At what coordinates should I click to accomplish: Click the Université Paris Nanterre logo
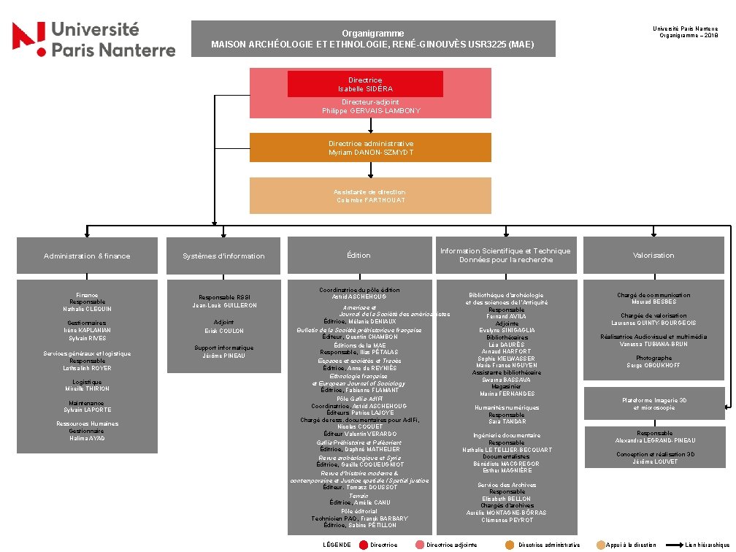point(93,39)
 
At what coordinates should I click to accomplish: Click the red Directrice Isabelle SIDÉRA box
point(365,84)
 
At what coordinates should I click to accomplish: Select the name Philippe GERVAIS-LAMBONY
point(371,111)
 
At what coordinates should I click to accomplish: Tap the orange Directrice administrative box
point(371,147)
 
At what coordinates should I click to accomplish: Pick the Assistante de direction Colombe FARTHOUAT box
point(371,196)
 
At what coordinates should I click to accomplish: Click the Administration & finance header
point(87,256)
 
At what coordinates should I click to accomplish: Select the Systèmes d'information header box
point(223,256)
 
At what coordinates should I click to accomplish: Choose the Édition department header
point(359,256)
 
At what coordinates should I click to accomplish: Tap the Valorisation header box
point(653,256)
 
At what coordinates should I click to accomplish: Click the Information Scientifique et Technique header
point(505,256)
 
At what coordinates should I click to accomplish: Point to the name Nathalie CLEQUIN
point(87,309)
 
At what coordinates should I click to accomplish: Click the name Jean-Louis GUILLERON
point(223,305)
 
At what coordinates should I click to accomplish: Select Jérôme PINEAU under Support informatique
point(223,356)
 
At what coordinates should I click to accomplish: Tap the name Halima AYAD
point(87,438)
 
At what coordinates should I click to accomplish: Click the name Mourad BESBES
point(653,302)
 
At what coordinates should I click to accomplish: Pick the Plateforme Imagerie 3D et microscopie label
point(653,404)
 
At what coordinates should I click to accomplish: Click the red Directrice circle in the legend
point(364,545)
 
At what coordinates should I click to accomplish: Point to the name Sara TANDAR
point(506,422)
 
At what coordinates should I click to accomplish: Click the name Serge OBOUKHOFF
point(653,365)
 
